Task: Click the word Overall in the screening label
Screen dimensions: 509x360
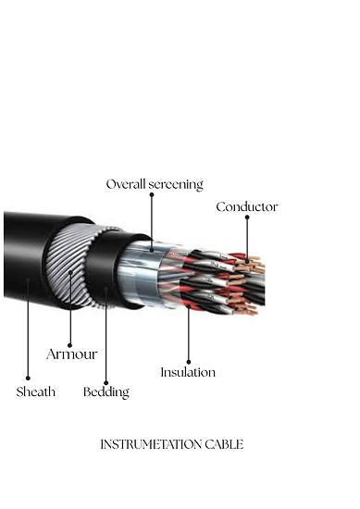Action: click(125, 184)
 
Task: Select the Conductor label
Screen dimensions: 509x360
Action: click(247, 206)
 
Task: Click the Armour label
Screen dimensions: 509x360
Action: click(71, 354)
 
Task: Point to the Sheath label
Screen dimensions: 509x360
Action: click(36, 391)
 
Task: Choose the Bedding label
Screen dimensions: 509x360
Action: click(106, 391)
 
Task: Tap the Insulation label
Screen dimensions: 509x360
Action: click(188, 372)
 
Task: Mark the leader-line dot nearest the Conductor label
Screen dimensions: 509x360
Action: click(247, 217)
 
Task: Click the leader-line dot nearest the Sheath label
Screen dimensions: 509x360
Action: click(28, 379)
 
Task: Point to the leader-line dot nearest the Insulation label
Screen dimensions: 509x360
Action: click(188, 361)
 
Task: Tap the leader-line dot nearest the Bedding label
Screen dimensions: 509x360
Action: click(106, 380)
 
